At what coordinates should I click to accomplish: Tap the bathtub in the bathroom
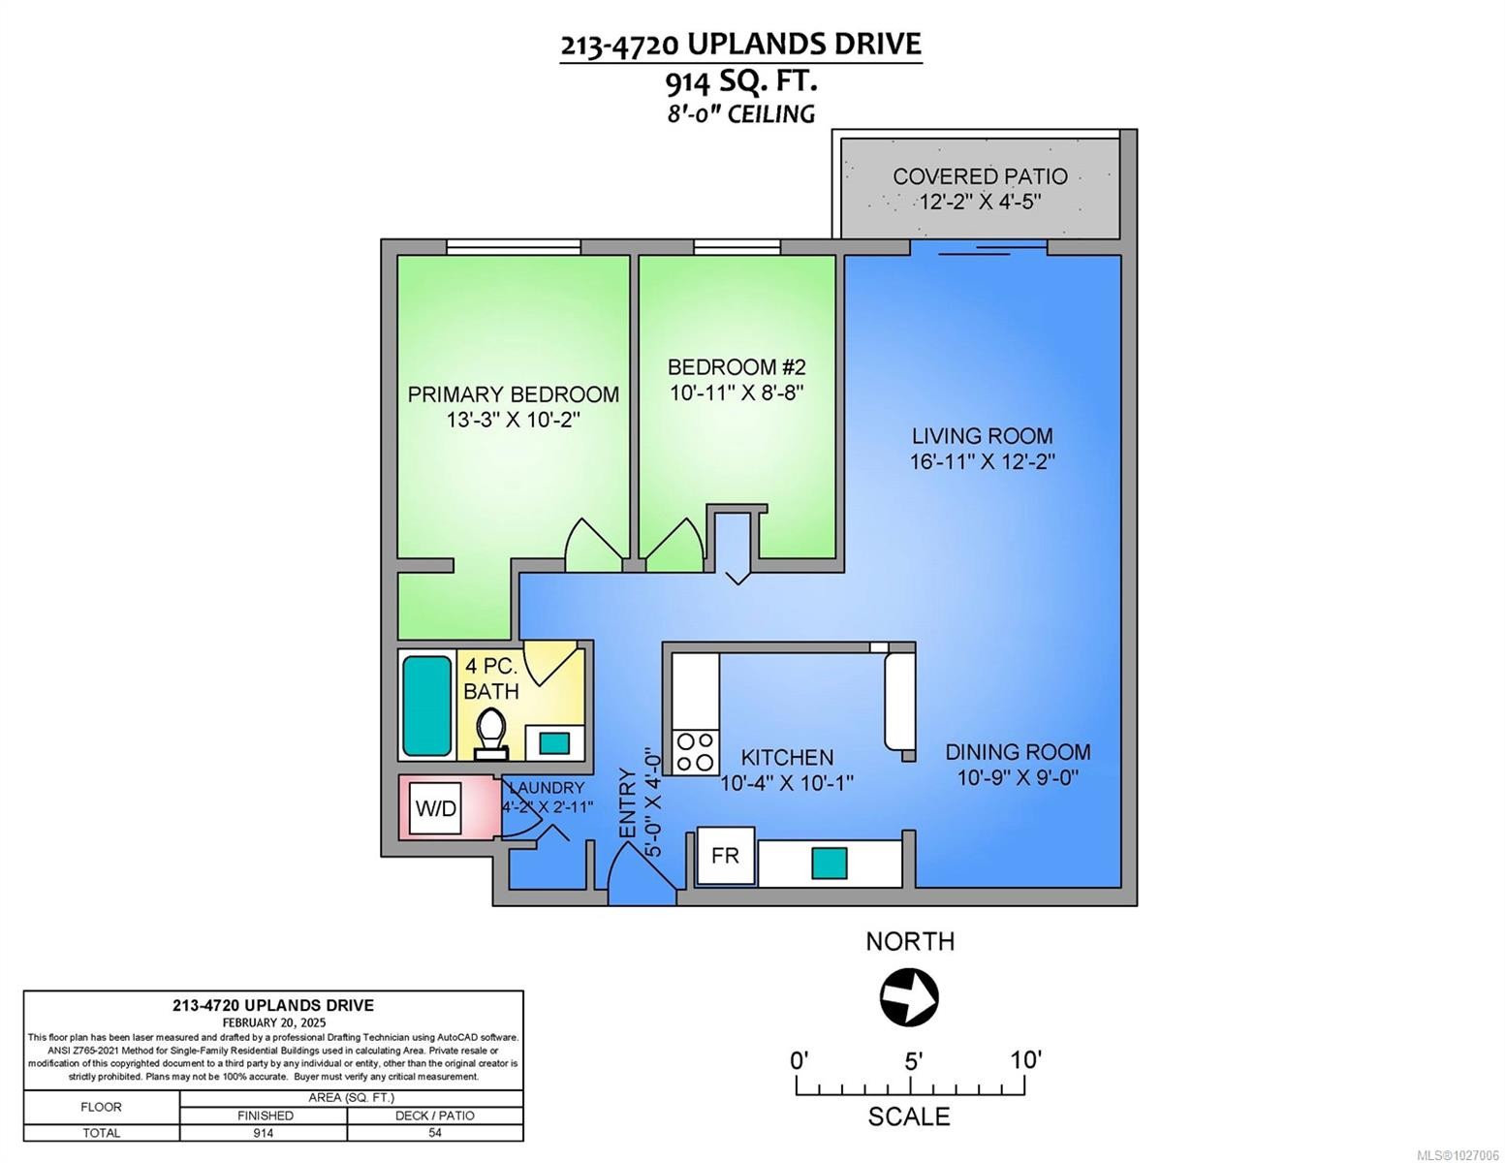click(x=426, y=706)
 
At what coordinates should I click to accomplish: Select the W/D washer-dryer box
click(x=435, y=807)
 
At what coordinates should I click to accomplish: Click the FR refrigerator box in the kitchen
click(x=725, y=856)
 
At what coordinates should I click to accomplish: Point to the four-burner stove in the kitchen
click(x=695, y=752)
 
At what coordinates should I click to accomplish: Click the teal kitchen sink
click(x=829, y=864)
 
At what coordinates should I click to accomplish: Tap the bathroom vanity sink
click(x=554, y=744)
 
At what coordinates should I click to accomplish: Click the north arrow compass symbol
click(x=909, y=997)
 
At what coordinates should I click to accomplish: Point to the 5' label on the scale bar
click(x=912, y=1060)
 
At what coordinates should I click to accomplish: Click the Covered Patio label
click(x=980, y=176)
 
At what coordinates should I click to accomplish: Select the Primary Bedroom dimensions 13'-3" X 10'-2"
click(x=513, y=420)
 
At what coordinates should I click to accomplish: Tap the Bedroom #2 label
click(x=737, y=366)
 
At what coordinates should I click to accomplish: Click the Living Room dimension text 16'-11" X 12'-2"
click(x=982, y=461)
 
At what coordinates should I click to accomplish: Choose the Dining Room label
click(x=1018, y=751)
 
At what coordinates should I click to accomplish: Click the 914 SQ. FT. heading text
click(x=741, y=82)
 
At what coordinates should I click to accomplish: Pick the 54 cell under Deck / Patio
click(x=434, y=1132)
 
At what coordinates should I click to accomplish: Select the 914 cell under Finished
click(x=264, y=1132)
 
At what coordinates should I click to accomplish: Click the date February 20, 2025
click(x=273, y=1022)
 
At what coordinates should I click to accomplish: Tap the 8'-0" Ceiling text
click(x=741, y=113)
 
